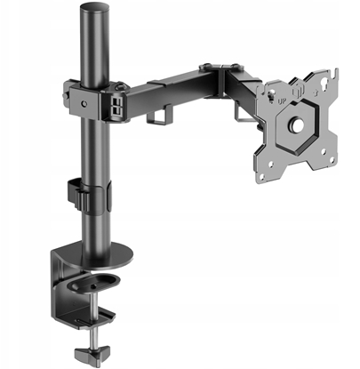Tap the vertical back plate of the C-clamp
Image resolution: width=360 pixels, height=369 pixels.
pos(56,280)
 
